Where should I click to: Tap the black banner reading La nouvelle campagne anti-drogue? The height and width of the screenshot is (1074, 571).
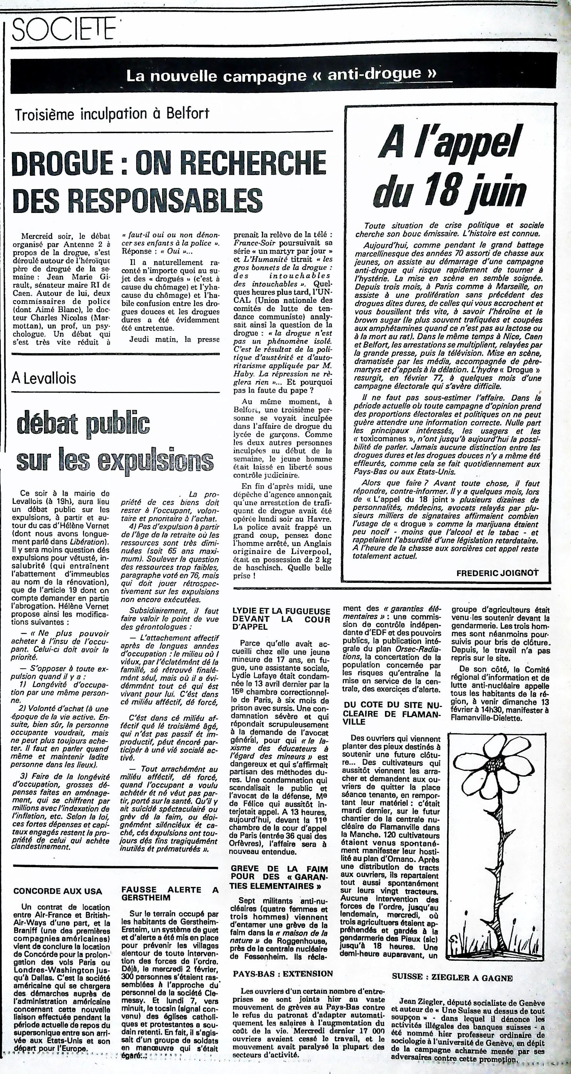pos(282,75)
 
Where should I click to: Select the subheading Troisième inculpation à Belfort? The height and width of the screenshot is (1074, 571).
pos(112,114)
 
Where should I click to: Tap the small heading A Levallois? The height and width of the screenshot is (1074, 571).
pos(44,378)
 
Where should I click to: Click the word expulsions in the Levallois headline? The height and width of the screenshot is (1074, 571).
pos(156,461)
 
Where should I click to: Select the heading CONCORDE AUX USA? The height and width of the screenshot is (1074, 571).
pos(57,891)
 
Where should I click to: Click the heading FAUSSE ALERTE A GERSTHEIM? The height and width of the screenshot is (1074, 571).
pos(169,894)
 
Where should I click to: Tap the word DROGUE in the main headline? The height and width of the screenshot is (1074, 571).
pos(62,163)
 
